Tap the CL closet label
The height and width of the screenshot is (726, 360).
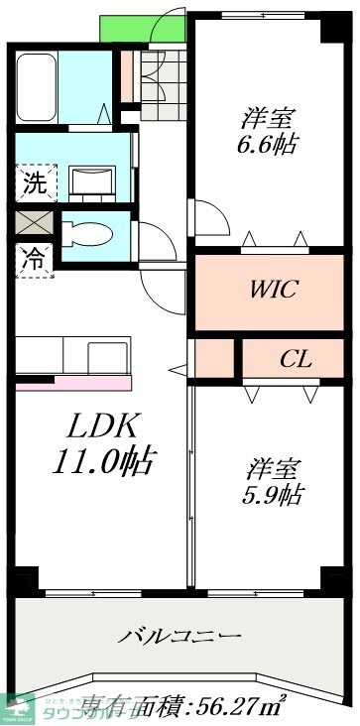(295, 358)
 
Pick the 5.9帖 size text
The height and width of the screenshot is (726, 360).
(275, 495)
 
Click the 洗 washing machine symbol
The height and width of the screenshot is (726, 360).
(35, 182)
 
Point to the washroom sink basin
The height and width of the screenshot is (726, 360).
(94, 181)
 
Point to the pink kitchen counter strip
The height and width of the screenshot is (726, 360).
(74, 383)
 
